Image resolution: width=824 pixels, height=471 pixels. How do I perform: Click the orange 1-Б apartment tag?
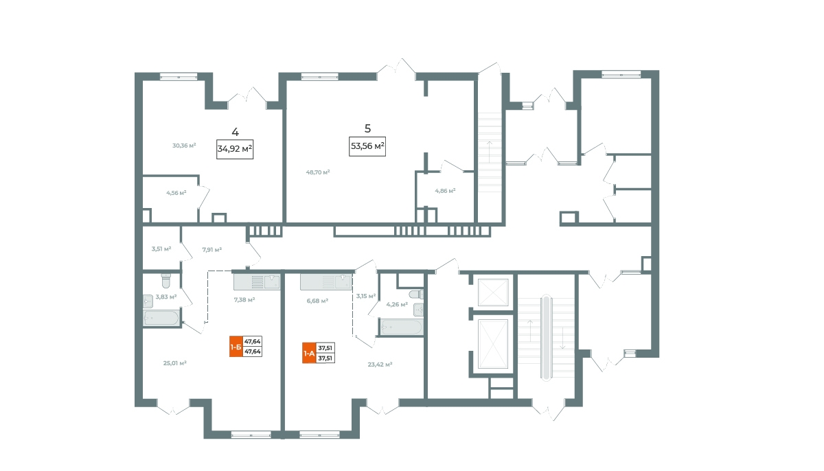(x=236, y=346)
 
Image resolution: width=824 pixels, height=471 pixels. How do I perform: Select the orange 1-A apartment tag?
(x=309, y=353)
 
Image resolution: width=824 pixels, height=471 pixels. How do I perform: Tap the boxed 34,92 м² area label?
(x=235, y=149)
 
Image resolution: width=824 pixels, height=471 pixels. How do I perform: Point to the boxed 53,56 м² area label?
(x=367, y=146)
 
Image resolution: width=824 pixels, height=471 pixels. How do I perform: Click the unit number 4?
(x=235, y=132)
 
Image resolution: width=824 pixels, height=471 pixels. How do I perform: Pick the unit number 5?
(x=367, y=128)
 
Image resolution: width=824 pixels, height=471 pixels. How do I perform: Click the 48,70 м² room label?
(x=318, y=172)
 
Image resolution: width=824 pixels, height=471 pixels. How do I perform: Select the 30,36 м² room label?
(x=184, y=146)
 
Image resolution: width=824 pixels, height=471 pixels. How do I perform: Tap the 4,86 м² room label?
(x=445, y=191)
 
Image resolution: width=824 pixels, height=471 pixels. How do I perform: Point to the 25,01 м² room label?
(x=174, y=363)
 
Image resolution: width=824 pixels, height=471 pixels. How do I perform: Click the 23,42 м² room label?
(x=380, y=365)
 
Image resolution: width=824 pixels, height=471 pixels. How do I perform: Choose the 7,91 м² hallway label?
(x=212, y=250)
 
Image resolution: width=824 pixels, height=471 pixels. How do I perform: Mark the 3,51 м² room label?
(x=161, y=249)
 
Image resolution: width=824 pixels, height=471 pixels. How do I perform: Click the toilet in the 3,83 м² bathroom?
(x=166, y=281)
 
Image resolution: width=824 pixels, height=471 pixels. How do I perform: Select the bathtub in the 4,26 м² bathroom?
(x=401, y=327)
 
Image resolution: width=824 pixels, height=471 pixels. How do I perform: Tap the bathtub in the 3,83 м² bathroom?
(x=161, y=318)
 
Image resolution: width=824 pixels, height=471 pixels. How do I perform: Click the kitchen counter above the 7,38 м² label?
(x=257, y=282)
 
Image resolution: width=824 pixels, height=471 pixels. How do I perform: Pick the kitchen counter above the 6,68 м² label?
(x=326, y=282)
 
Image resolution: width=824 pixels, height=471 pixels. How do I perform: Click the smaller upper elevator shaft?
(x=493, y=292)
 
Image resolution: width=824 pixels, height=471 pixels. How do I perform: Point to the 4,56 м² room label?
(x=176, y=193)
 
